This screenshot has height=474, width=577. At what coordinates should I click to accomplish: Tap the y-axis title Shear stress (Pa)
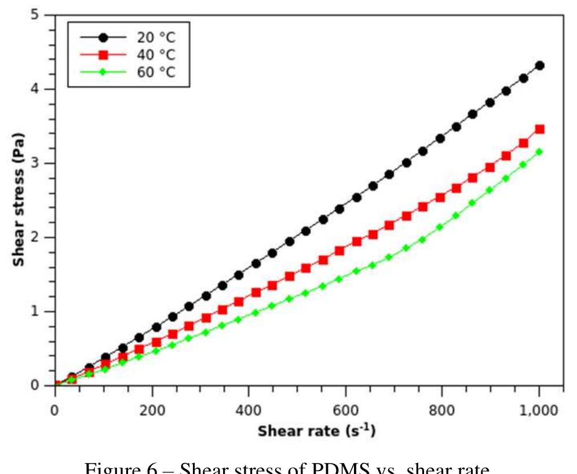[x=19, y=200]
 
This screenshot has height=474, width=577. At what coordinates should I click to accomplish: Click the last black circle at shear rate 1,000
[x=539, y=65]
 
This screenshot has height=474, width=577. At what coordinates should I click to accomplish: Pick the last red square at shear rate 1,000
[x=539, y=129]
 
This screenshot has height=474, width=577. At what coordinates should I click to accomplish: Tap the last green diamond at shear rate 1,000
[x=539, y=152]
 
